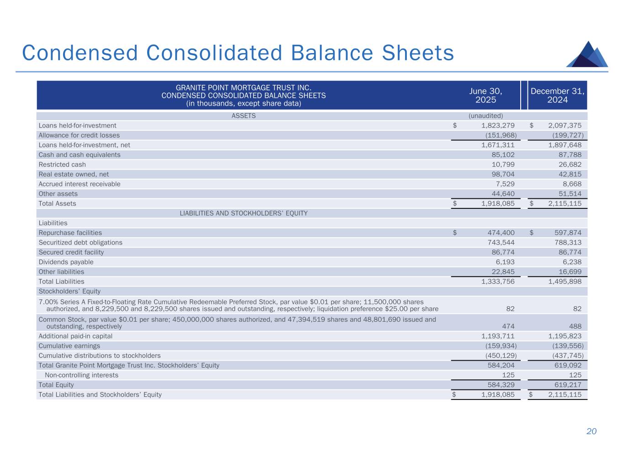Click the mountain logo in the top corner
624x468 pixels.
point(587,54)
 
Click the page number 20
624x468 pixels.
point(592,431)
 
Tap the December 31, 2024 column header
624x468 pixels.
point(557,95)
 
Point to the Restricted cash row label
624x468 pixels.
point(62,165)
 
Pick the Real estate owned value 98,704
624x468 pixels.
point(501,174)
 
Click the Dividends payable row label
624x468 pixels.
point(66,262)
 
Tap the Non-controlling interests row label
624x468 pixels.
point(81,375)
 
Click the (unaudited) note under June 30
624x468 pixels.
point(485,116)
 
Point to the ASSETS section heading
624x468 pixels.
point(244,116)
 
